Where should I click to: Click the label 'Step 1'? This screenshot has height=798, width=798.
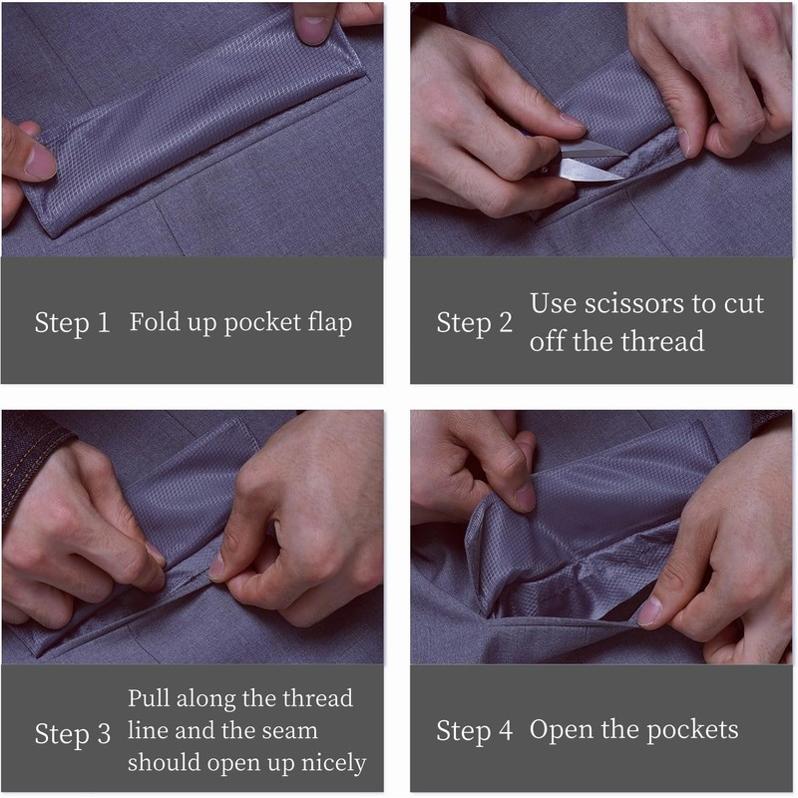point(72,322)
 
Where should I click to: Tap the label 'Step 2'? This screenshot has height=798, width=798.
point(475,322)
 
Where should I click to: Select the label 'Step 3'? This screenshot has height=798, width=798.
point(72,734)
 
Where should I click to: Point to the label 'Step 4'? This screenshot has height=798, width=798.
point(475,731)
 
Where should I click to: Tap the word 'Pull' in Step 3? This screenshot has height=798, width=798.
point(149,698)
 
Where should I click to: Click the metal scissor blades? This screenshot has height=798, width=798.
point(591,162)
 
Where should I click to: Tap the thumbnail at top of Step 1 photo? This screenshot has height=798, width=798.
point(312,29)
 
